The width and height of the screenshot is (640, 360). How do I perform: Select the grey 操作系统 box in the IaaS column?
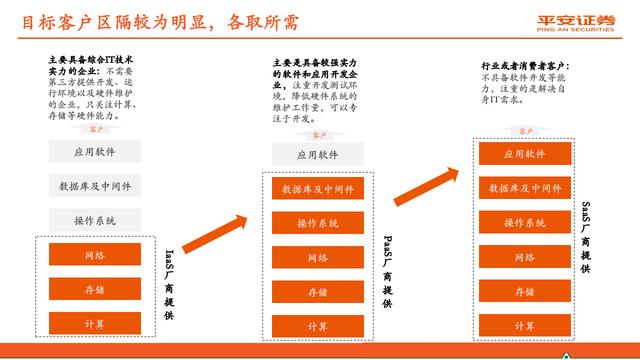pyautogui.click(x=94, y=220)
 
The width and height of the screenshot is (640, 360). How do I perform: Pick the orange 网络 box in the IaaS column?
pyautogui.click(x=94, y=256)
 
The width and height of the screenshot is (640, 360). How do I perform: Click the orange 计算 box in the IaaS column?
pyautogui.click(x=94, y=325)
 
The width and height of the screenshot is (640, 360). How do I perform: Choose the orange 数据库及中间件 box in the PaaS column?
pyautogui.click(x=317, y=189)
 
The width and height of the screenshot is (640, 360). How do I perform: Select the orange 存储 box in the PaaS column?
pyautogui.click(x=317, y=292)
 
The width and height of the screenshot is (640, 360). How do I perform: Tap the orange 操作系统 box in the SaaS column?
pyautogui.click(x=523, y=222)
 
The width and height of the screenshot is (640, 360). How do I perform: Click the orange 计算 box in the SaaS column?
pyautogui.click(x=523, y=326)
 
